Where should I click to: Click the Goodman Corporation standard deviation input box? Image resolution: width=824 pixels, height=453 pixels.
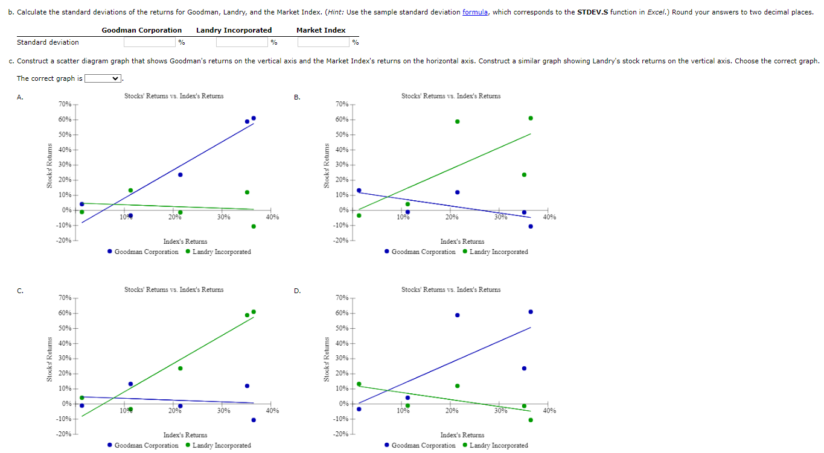pos(150,42)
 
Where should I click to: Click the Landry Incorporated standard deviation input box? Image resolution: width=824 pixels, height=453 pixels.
pos(242,42)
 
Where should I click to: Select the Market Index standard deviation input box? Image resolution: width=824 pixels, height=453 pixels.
pos(324,42)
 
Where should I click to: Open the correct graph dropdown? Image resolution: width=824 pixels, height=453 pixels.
pos(103,78)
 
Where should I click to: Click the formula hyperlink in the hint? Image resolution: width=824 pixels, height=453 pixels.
pos(475,12)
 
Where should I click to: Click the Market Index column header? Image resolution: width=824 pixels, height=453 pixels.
pos(321,30)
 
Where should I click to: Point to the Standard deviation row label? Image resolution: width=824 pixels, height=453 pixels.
pos(48,42)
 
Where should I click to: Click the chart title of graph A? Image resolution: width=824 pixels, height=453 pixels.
pos(174,96)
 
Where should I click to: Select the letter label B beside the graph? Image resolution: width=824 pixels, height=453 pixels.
pos(296,97)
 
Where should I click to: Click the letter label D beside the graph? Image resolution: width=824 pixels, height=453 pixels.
pos(296,291)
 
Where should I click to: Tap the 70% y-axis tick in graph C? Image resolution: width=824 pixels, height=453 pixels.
pos(65,298)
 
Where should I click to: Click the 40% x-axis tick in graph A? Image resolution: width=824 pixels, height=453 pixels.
pos(272,217)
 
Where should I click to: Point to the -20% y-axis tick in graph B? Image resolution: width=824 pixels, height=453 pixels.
pos(341,241)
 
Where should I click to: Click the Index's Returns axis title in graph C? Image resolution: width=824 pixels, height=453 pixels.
pos(185,435)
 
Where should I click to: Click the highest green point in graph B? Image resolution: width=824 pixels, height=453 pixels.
pos(531,118)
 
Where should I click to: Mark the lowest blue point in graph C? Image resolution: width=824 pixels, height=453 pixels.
pos(254,420)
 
